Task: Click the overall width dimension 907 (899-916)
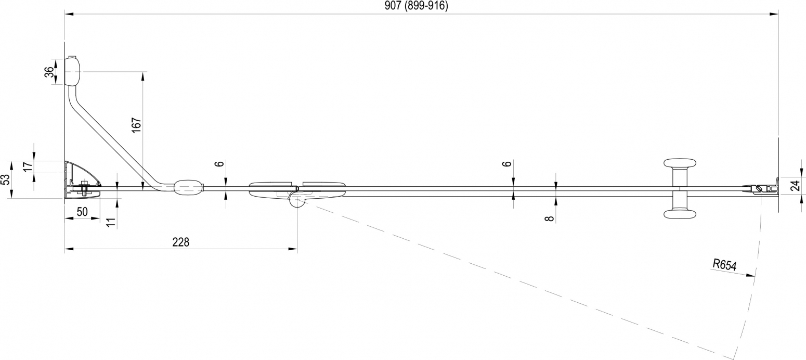pyautogui.click(x=417, y=6)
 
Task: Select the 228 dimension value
pyautogui.click(x=180, y=242)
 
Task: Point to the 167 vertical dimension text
pyautogui.click(x=136, y=125)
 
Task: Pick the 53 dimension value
pyautogui.click(x=5, y=179)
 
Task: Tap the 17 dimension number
pyautogui.click(x=28, y=166)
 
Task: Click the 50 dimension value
pyautogui.click(x=82, y=212)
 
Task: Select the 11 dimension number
pyautogui.click(x=112, y=222)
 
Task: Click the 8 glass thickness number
pyautogui.click(x=550, y=218)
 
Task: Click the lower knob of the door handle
pyautogui.click(x=680, y=214)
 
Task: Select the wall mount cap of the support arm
pyautogui.click(x=72, y=71)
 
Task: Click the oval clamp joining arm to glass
pyautogui.click(x=189, y=188)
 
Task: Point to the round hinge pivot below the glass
pyautogui.click(x=297, y=202)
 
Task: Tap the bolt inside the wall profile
pyautogui.click(x=84, y=188)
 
